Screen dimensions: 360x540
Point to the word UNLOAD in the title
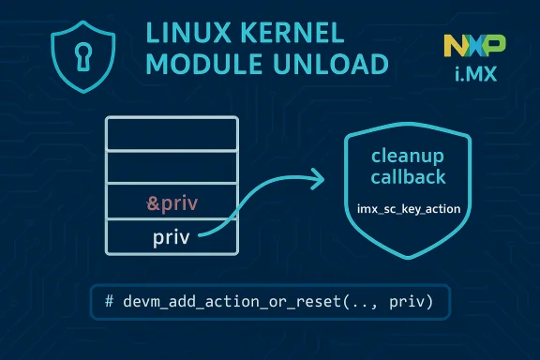(330, 66)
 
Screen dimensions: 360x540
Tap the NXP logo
(474, 44)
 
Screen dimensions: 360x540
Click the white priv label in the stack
(171, 236)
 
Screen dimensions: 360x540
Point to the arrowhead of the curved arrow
(319, 177)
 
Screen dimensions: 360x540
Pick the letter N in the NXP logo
(454, 44)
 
